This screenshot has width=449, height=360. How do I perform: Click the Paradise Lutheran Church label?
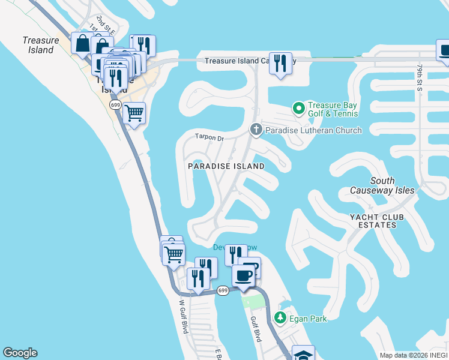(x=313, y=130)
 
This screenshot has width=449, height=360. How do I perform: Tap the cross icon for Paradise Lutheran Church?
(x=256, y=130)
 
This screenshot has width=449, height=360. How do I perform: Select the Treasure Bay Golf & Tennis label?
(x=333, y=109)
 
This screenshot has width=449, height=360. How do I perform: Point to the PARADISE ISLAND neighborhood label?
(x=226, y=166)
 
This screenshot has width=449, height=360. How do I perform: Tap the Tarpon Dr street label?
(x=209, y=137)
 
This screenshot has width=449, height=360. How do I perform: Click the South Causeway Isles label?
(x=382, y=185)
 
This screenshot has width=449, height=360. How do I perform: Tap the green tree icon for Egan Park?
(x=279, y=317)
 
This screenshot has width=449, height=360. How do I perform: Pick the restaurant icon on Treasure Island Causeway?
(x=280, y=62)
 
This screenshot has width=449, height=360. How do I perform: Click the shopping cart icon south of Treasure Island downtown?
(x=134, y=112)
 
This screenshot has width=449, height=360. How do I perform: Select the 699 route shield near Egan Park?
(x=223, y=290)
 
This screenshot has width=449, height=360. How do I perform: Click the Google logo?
(x=20, y=353)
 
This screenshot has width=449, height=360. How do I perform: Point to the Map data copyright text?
(x=414, y=355)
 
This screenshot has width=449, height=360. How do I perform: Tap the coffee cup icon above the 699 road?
(x=243, y=275)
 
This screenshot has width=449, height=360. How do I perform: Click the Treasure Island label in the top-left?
(x=41, y=45)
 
